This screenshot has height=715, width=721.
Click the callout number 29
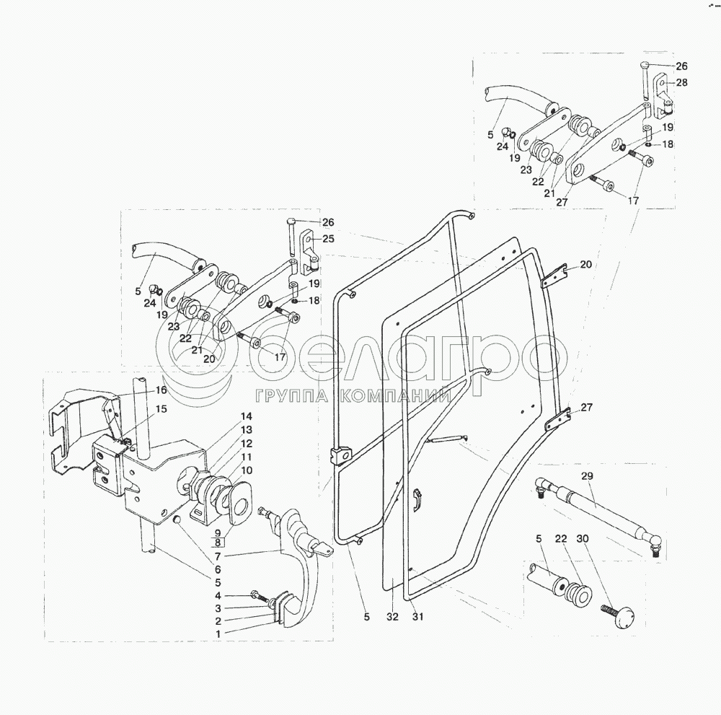(586, 477)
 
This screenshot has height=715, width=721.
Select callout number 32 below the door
(392, 617)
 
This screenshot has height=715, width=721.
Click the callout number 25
(328, 238)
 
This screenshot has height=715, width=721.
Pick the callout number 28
(681, 82)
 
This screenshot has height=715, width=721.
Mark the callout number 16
(161, 390)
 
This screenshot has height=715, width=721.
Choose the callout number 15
(161, 409)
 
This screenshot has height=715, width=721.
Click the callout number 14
(247, 416)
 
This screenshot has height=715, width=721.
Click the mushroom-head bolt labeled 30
(620, 616)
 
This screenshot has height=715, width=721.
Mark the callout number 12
(247, 443)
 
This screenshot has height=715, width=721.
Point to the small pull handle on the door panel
(417, 499)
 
